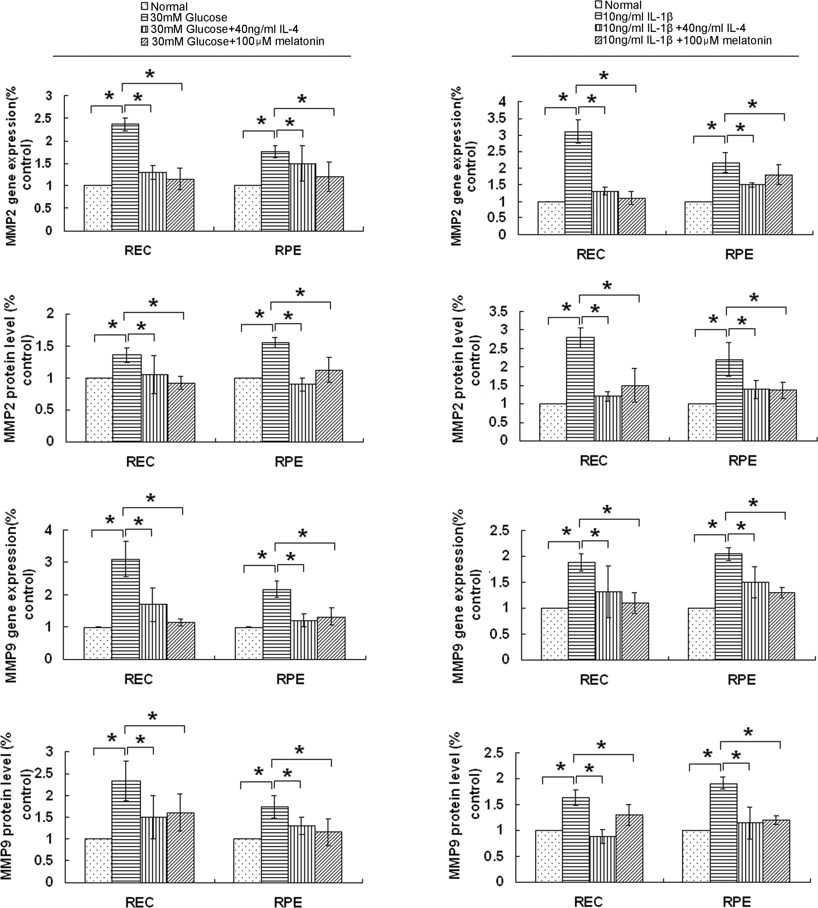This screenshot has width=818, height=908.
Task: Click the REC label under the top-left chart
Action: point(138,250)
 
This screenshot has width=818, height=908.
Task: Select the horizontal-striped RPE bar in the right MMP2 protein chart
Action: point(729,400)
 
